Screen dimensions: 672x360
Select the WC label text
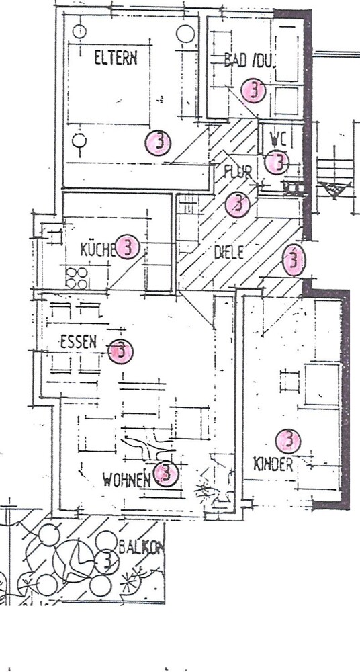pos(277,139)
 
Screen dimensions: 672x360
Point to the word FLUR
pos(237,172)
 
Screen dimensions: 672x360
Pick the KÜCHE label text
pos(97,250)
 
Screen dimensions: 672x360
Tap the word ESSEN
pos(78,341)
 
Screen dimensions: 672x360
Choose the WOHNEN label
pos(126,480)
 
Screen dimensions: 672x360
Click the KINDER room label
pos(273,464)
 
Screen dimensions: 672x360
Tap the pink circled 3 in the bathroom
pos(253,89)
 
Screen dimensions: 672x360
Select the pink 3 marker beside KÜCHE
pos(127,248)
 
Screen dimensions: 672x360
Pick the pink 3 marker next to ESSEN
pos(121,350)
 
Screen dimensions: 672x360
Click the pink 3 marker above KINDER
pos(289,441)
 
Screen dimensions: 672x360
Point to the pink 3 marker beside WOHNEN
pos(165,474)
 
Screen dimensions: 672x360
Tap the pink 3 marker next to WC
pos(276,161)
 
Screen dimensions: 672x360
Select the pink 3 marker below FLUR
pos(237,204)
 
